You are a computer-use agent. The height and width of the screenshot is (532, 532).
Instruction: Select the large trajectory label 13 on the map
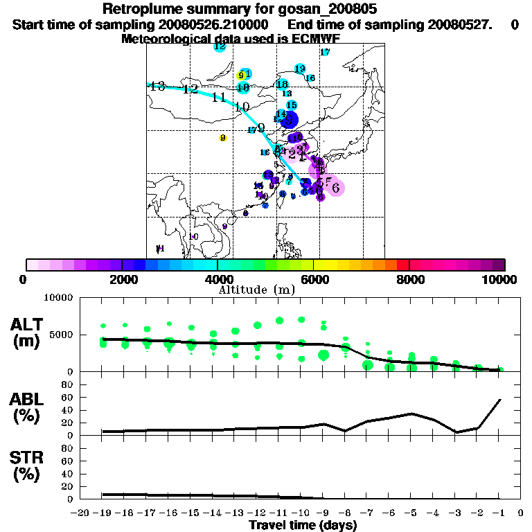tap(157, 87)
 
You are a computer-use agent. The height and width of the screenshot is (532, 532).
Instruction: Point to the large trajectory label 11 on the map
tap(218, 97)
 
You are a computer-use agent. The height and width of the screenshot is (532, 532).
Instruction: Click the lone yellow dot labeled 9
tap(223, 138)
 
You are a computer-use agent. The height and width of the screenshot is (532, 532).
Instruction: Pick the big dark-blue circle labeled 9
tap(290, 119)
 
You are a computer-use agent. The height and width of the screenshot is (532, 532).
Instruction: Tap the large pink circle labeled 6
tap(336, 187)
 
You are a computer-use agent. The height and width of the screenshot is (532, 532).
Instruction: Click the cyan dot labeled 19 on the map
tap(300, 69)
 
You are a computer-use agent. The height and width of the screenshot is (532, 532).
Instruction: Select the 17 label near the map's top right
tap(325, 52)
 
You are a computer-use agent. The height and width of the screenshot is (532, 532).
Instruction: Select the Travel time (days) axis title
tap(303, 526)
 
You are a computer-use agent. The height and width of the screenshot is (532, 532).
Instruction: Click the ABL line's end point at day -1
tap(500, 400)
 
